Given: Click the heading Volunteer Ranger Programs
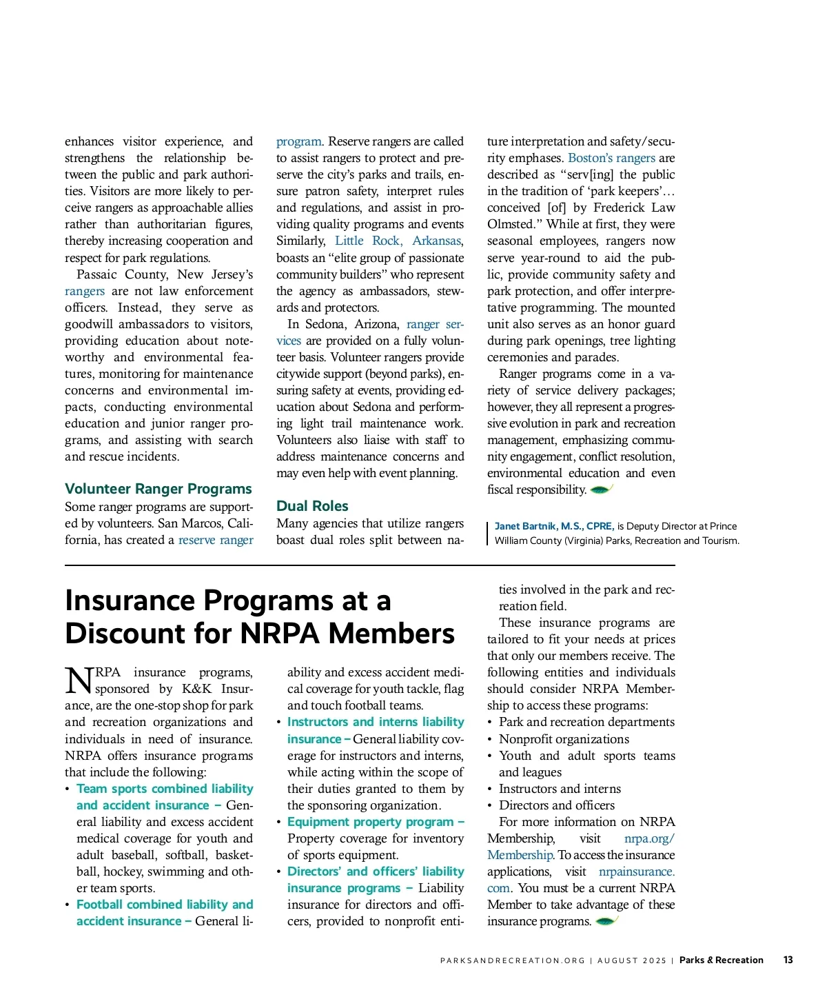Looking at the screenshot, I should click(158, 489).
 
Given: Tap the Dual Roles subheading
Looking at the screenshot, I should click(312, 506).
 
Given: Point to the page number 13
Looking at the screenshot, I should click(788, 960).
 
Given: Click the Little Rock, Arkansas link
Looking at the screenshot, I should click(398, 241).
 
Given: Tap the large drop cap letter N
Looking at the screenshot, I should click(79, 680).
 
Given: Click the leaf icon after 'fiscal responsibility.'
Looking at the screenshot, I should click(601, 490).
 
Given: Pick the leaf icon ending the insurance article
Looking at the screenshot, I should click(606, 921).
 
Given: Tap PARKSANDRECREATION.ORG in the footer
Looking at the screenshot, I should click(512, 960).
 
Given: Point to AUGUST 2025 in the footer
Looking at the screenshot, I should click(632, 960).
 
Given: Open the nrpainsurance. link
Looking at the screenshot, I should click(636, 871).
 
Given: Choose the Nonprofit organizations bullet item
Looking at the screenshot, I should click(564, 739).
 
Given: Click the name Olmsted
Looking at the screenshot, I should click(511, 224).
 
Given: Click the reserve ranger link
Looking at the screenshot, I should click(216, 540).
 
